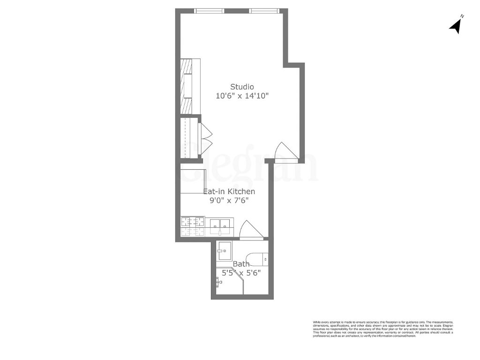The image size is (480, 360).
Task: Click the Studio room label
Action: click(242, 87)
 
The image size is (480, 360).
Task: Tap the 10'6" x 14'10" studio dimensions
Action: click(242, 96)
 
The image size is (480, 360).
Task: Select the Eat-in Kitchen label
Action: click(229, 192)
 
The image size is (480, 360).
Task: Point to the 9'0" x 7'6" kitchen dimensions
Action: click(229, 201)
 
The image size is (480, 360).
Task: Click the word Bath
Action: click(241, 264)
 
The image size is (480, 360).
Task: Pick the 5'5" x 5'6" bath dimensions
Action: click(241, 272)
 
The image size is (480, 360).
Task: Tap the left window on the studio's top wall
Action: click(209, 11)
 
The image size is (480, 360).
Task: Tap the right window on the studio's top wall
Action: click(265, 11)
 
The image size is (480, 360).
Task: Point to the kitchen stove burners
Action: click(193, 225)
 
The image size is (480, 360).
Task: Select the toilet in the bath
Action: click(258, 257)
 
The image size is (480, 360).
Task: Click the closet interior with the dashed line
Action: click(189, 137)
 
